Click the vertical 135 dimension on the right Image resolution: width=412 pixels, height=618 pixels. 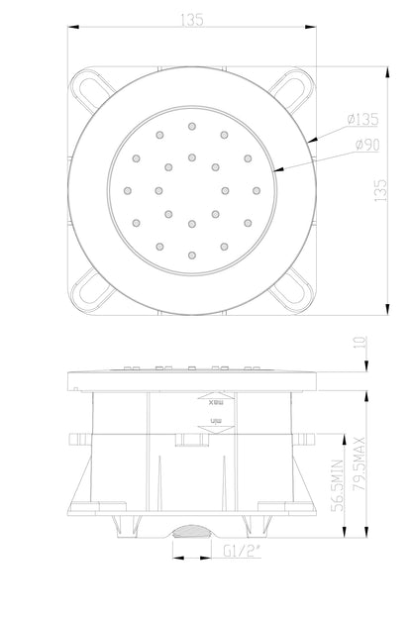(377, 190)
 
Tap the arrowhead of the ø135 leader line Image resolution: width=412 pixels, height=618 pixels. (310, 142)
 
